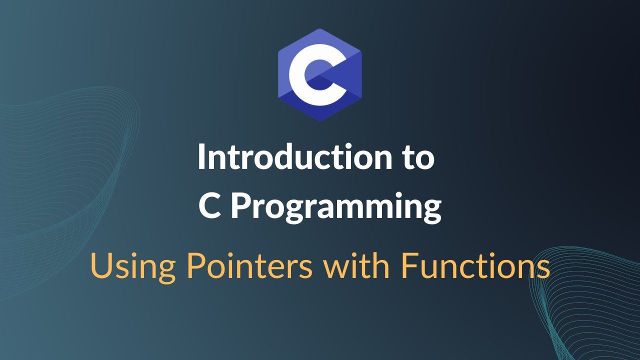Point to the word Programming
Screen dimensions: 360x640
[x=335, y=207]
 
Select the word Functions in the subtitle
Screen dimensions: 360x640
[x=475, y=266]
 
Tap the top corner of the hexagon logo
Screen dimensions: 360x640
[x=319, y=29]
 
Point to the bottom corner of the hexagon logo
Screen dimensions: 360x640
[x=319, y=120]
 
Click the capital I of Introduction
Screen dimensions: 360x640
[x=201, y=157]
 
